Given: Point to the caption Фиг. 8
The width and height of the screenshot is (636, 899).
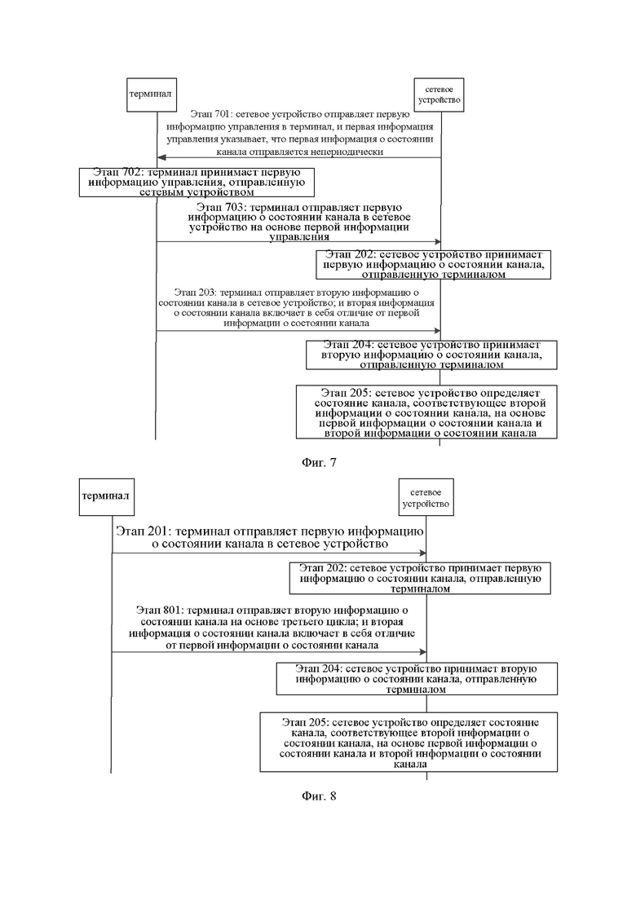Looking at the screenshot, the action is [x=319, y=795].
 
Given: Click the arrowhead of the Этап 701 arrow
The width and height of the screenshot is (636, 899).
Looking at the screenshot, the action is [x=161, y=157].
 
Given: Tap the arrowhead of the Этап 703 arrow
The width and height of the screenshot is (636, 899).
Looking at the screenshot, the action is [x=437, y=241].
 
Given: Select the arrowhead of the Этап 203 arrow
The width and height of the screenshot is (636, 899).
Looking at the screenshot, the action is [x=437, y=331].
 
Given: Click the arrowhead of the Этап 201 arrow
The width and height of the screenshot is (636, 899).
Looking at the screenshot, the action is [x=422, y=553].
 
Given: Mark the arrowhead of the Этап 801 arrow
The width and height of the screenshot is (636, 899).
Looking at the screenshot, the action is [x=422, y=652].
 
